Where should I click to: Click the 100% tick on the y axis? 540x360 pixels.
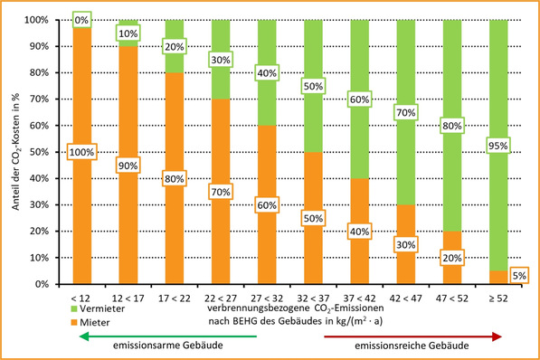[51, 20]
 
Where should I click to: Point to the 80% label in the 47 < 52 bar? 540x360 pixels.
[452, 127]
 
